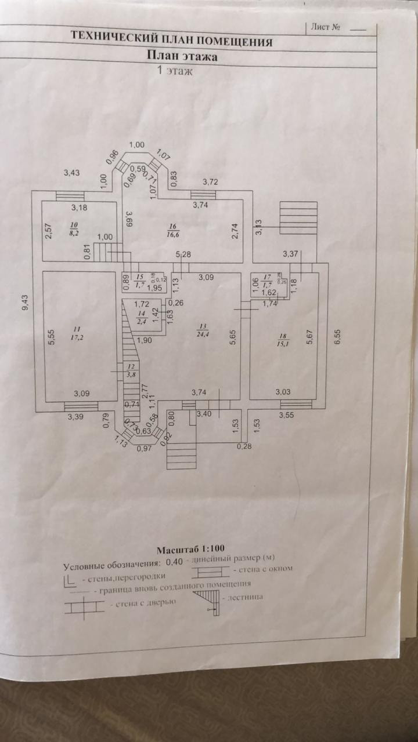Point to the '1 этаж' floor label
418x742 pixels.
(x=173, y=72)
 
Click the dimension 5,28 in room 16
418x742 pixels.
(x=185, y=254)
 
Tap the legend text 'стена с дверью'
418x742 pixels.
(x=142, y=603)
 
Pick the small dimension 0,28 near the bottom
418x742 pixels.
(x=244, y=446)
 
